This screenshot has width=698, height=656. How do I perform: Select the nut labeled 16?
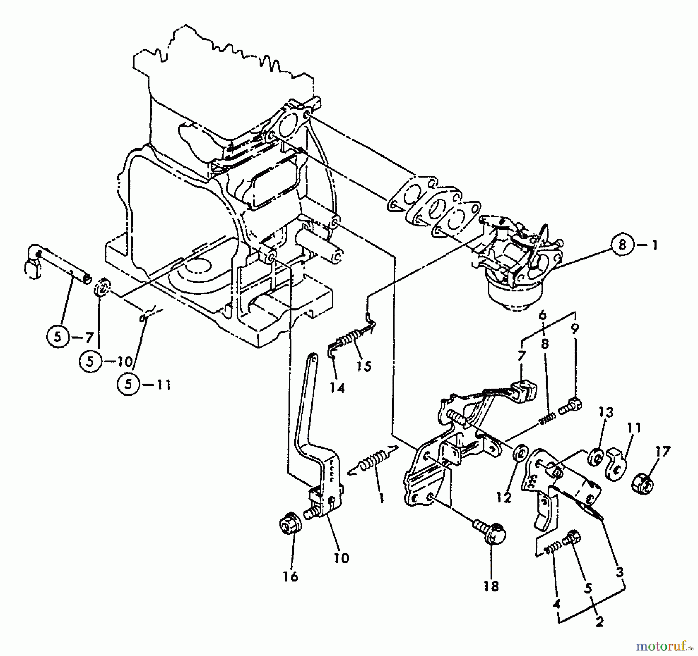(290, 528)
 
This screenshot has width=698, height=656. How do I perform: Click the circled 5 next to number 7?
(57, 337)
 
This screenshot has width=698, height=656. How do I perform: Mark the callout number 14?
(337, 387)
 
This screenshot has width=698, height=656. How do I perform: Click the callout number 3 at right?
(620, 572)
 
